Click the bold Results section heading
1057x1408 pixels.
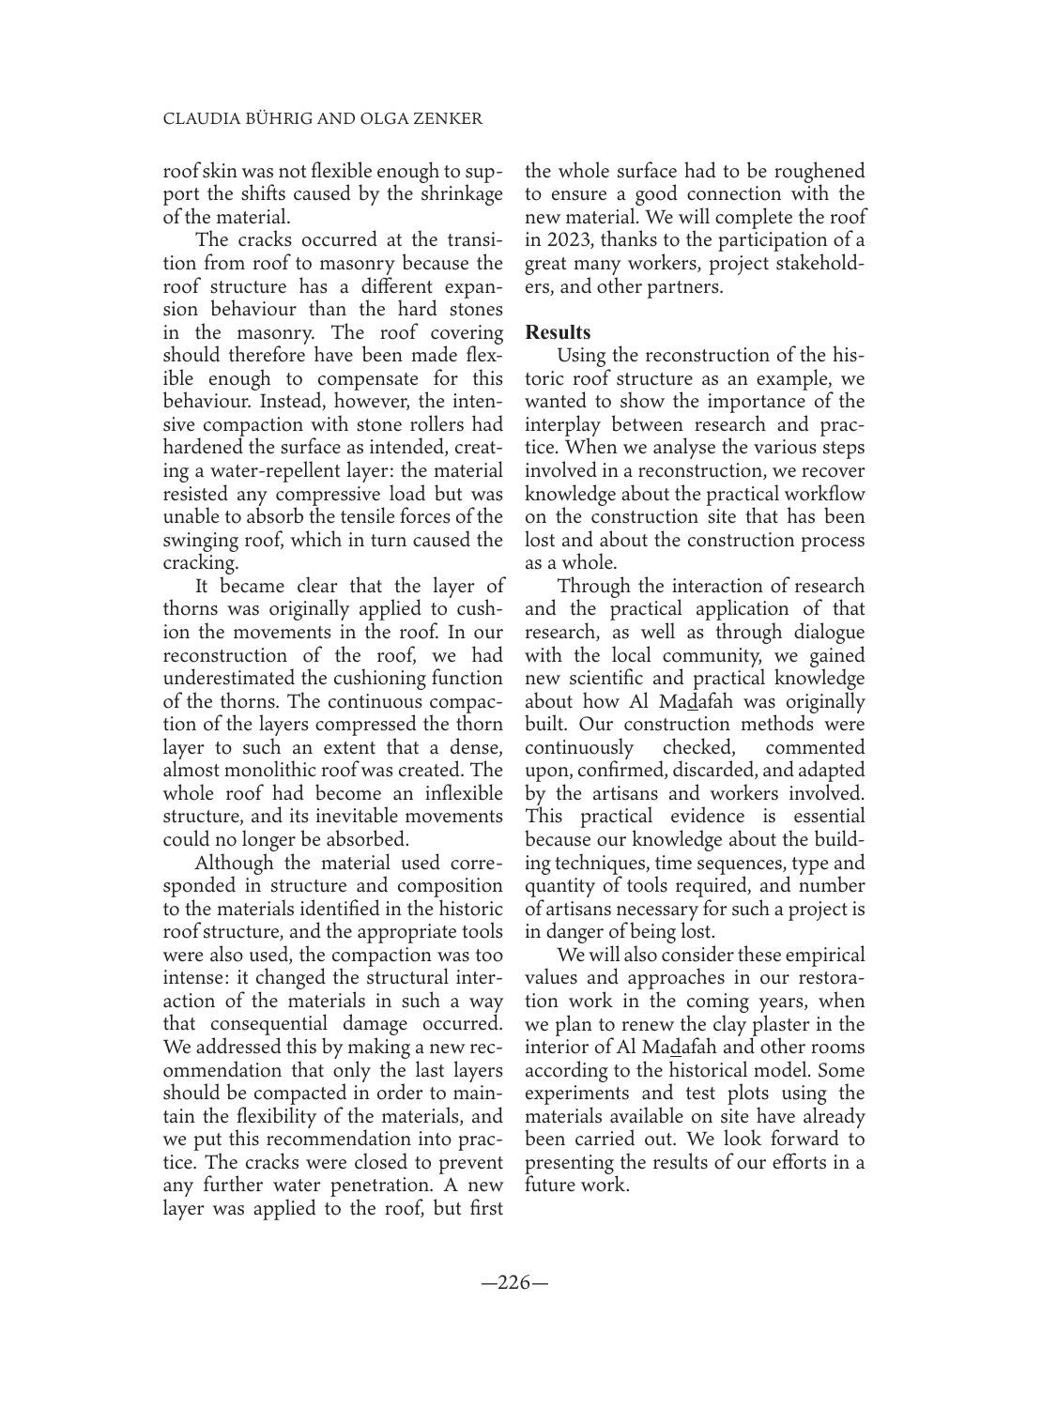pos(558,332)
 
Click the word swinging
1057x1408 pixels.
pos(200,540)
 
